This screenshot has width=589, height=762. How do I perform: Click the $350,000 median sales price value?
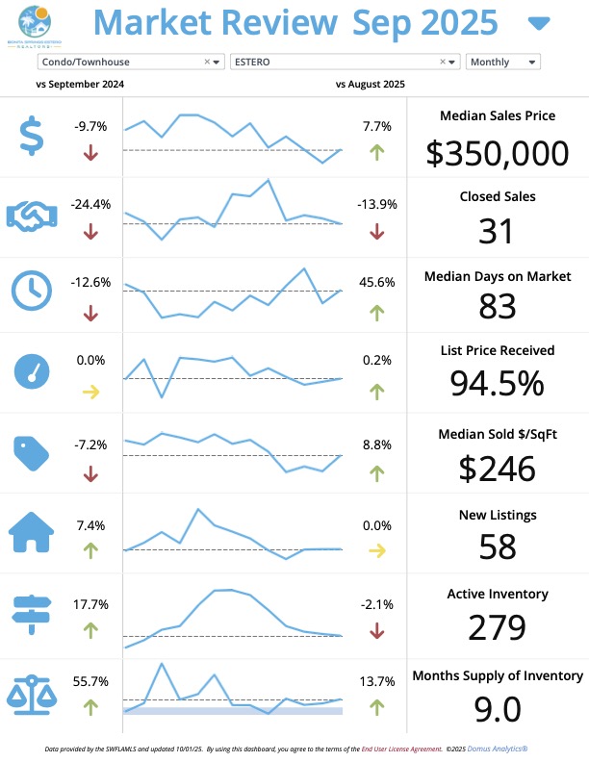click(x=497, y=153)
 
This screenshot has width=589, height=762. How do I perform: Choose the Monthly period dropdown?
click(x=502, y=62)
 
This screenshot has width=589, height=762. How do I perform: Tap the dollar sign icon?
click(x=32, y=135)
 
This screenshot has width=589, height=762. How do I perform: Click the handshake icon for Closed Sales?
click(x=32, y=214)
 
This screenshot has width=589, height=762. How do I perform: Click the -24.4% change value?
click(x=90, y=204)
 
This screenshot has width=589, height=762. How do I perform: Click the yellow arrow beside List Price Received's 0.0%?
click(x=90, y=392)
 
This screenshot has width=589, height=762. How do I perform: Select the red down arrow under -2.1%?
click(x=376, y=630)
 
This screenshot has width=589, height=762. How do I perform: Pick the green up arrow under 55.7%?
click(x=90, y=707)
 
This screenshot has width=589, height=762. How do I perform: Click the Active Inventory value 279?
click(x=497, y=627)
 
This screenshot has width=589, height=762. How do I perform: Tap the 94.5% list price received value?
click(x=497, y=383)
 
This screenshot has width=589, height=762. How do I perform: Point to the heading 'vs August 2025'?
click(x=371, y=85)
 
